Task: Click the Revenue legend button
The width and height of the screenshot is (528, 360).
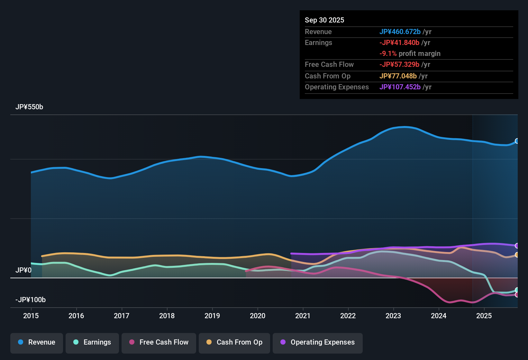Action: click(x=37, y=342)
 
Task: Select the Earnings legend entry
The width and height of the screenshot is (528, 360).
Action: click(x=92, y=342)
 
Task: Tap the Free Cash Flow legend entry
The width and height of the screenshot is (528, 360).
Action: click(x=159, y=342)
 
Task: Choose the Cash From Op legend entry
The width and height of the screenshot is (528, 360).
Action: click(x=234, y=342)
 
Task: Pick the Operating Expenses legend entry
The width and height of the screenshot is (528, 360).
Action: click(x=318, y=342)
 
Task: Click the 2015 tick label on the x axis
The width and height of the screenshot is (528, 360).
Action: click(x=31, y=316)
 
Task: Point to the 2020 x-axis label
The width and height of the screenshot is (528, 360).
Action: click(x=258, y=316)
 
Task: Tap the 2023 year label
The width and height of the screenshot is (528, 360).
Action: click(x=393, y=316)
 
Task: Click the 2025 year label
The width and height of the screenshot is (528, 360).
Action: click(x=484, y=316)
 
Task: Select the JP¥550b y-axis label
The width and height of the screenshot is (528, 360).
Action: click(x=29, y=107)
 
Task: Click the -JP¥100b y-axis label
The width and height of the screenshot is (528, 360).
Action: click(x=31, y=300)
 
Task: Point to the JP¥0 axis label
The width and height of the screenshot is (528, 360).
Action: click(x=23, y=270)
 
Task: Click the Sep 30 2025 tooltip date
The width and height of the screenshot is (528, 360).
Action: click(x=324, y=20)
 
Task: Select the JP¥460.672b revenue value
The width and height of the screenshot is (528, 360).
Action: click(x=400, y=32)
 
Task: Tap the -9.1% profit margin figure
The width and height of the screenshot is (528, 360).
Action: click(x=388, y=54)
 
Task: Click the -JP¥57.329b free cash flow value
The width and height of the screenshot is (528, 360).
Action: click(x=399, y=65)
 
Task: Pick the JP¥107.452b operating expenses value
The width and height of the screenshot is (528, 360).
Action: click(x=400, y=87)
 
